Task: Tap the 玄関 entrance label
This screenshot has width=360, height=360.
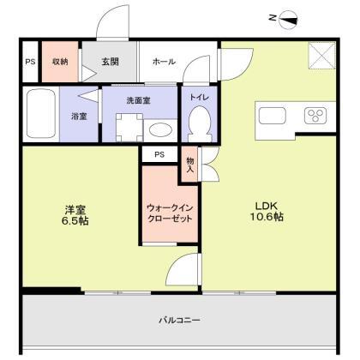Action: pos(109,62)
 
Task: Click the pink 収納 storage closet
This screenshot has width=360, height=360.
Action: pos(59,62)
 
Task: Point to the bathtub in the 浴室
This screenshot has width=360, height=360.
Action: pos(43,114)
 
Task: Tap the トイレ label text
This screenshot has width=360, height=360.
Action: pos(198,99)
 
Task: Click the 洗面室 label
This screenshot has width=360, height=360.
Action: pos(138,99)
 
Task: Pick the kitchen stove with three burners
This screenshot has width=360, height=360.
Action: pos(312,115)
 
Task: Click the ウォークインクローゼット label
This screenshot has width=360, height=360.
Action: pos(170,212)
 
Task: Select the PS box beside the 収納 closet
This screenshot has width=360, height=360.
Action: pos(30,62)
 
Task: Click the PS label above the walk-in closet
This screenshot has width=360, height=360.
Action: pos(159,154)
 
